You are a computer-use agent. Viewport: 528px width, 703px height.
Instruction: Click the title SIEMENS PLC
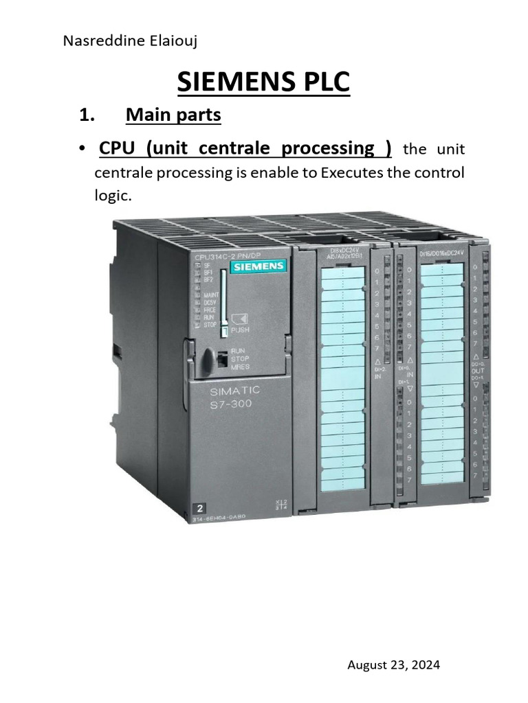(x=263, y=82)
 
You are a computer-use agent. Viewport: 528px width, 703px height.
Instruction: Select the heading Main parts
(x=173, y=115)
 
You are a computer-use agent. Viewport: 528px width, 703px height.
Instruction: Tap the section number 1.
(x=86, y=115)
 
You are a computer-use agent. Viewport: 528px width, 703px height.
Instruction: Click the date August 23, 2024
(x=393, y=665)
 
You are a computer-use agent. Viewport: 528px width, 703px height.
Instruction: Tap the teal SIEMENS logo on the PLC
(x=258, y=266)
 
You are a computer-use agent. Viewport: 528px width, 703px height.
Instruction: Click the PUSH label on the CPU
(x=240, y=330)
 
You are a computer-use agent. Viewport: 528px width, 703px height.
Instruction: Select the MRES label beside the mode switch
(x=241, y=367)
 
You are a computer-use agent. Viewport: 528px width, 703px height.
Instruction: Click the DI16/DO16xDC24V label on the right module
(x=441, y=255)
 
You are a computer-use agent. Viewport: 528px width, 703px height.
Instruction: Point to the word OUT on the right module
(x=478, y=371)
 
